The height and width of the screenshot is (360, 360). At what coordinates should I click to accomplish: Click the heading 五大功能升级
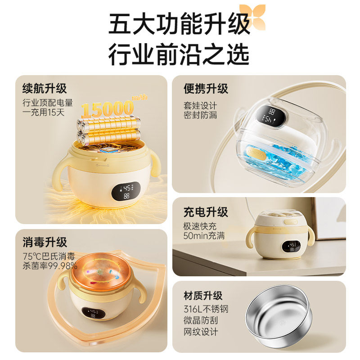[179, 25]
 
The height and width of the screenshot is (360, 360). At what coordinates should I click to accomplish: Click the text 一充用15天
[44, 112]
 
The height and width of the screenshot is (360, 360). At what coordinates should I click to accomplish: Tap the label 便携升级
[206, 88]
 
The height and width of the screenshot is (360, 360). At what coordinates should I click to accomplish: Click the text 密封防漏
[200, 115]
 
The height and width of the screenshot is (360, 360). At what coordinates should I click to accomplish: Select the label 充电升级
[206, 211]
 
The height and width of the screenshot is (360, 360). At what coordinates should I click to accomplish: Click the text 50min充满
[204, 235]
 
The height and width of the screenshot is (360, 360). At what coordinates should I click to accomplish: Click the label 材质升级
[203, 296]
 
